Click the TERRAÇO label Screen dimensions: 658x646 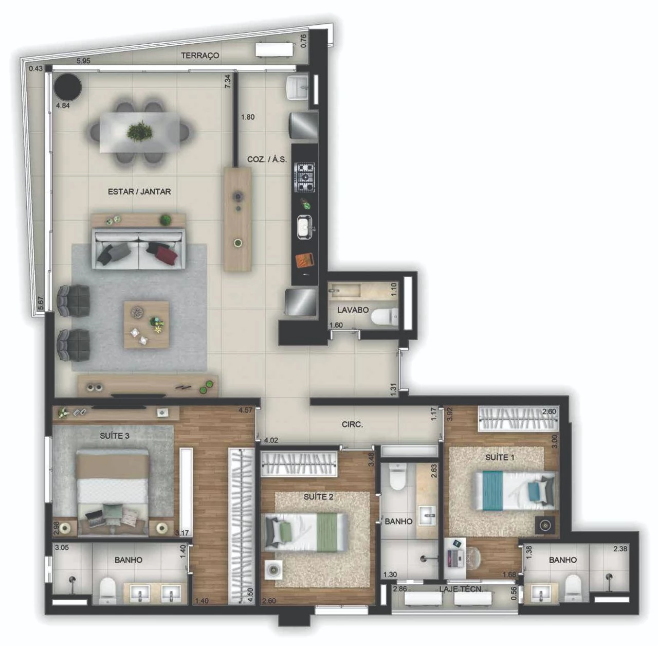point(200,56)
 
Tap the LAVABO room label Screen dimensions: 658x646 point(353,310)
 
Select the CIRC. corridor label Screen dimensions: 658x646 point(352,424)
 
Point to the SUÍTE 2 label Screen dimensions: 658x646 point(318,497)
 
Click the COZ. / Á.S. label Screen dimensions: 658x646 point(267,159)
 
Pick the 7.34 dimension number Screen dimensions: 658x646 point(228,82)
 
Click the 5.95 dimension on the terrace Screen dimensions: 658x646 point(83,61)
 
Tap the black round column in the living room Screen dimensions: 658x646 point(68,86)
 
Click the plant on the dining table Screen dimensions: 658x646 point(139,131)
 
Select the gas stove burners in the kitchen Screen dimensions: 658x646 point(305,177)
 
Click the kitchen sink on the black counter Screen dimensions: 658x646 point(304,227)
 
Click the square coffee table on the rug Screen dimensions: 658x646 point(147,325)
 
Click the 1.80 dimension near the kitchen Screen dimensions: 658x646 point(248,117)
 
